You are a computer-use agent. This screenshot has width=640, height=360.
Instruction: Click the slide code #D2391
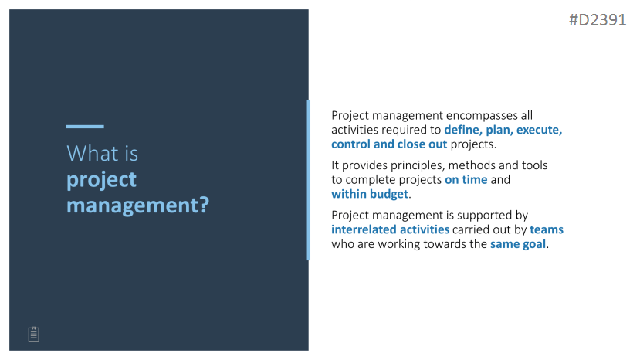tap(598, 20)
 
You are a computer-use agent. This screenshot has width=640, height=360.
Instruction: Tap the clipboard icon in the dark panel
tap(34, 335)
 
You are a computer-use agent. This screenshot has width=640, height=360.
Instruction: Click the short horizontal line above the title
tap(85, 127)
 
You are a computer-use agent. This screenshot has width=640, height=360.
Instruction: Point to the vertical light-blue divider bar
tap(309, 180)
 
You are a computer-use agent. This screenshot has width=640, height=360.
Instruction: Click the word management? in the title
tap(138, 205)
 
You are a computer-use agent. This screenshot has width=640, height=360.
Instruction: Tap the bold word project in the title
tap(101, 180)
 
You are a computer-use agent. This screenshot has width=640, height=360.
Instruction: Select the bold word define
tap(463, 130)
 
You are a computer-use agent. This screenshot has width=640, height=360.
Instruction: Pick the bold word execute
tap(539, 130)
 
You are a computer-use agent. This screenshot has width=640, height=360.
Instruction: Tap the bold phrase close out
tap(422, 144)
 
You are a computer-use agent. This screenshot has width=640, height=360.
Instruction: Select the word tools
tap(535, 165)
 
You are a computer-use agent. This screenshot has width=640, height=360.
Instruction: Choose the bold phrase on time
tap(466, 180)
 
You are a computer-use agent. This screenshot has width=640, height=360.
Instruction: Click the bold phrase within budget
tap(370, 194)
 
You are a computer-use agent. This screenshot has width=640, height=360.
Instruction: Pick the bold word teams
tap(547, 229)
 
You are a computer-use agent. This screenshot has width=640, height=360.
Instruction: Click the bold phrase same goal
tap(518, 244)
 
